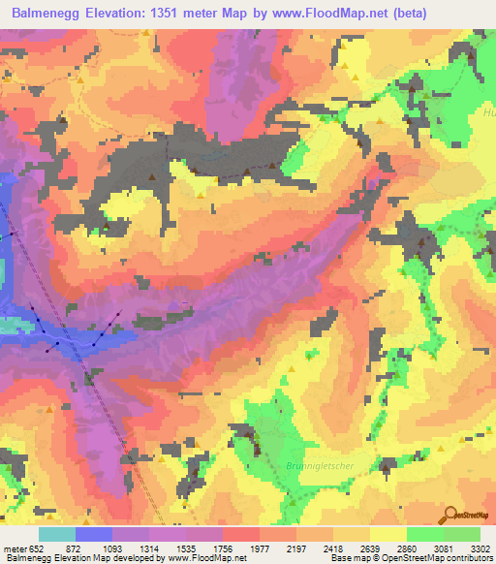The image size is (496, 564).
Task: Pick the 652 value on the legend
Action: [x=36, y=548]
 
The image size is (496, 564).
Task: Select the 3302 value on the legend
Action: [x=480, y=548]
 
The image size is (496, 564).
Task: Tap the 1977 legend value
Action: [x=260, y=548]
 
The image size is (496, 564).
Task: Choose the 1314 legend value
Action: [x=148, y=548]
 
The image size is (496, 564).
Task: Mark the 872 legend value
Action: [x=74, y=548]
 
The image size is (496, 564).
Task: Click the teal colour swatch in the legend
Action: [x=57, y=534]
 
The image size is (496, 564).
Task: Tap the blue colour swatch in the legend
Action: [x=93, y=534]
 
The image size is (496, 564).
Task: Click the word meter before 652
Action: [x=15, y=548]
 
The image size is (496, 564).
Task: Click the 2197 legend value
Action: [x=296, y=548]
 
